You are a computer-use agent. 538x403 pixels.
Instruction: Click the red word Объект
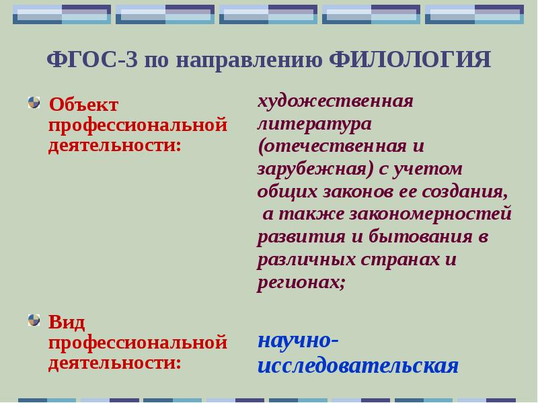[x=83, y=105]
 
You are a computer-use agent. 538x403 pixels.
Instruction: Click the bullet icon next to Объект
[x=34, y=103]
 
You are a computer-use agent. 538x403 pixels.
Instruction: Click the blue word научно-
[x=297, y=340]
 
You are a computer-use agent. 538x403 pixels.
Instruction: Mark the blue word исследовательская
[x=357, y=365]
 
